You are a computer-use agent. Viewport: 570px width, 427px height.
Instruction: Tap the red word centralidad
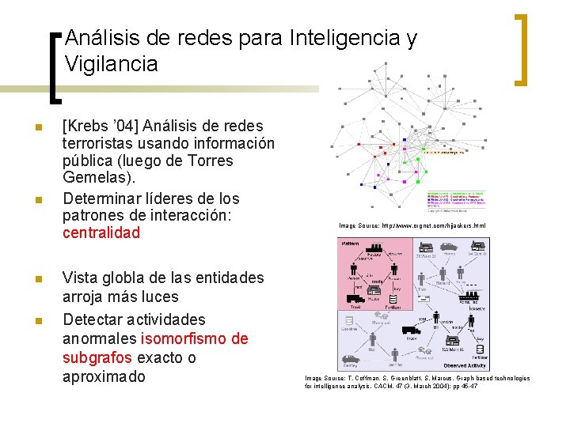tap(101, 232)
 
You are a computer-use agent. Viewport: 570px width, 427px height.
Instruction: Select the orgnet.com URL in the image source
tap(433, 226)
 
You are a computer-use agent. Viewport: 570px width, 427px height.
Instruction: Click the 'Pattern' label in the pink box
tap(350, 244)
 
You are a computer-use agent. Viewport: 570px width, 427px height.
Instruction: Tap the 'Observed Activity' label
tap(465, 365)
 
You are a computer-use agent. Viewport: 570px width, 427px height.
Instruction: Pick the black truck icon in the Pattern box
tap(355, 299)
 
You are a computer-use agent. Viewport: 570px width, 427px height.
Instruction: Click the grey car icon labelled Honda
tap(448, 247)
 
